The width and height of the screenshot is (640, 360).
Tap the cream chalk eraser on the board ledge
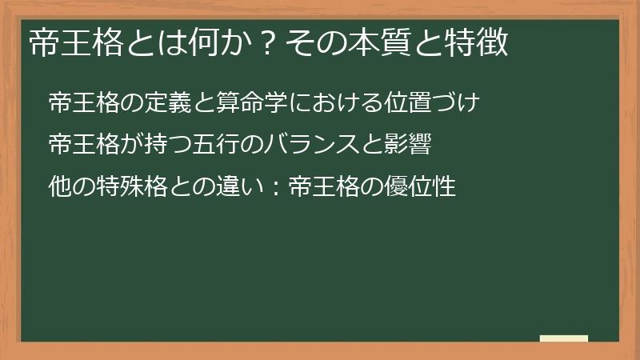[x=563, y=338]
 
